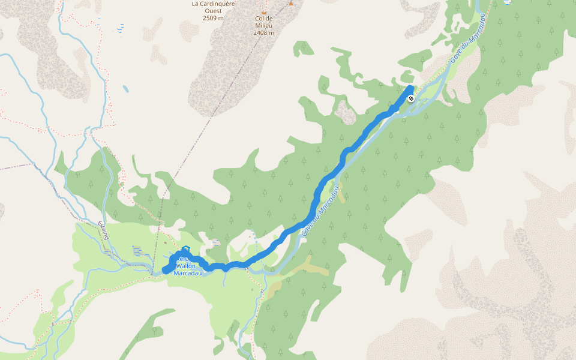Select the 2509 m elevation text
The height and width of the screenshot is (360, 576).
click(x=213, y=18)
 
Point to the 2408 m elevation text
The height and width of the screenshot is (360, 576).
click(x=263, y=32)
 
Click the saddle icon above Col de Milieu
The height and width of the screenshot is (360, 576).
click(x=263, y=11)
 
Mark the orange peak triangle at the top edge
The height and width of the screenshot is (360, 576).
click(x=291, y=3)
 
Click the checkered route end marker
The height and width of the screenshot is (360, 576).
click(x=411, y=98)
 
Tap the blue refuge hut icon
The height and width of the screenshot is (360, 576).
click(x=185, y=249)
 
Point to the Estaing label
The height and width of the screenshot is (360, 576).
click(x=103, y=231)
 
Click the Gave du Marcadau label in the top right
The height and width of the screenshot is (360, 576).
click(x=466, y=45)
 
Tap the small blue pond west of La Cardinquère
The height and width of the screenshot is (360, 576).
click(x=125, y=89)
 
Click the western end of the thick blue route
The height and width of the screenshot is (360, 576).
click(x=166, y=271)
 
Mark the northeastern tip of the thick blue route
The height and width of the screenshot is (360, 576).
click(x=410, y=89)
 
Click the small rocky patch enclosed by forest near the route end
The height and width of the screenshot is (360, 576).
click(x=344, y=112)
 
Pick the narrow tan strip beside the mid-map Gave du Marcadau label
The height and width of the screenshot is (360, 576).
click(x=341, y=194)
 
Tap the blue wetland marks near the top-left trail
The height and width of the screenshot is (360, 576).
click(x=122, y=28)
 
